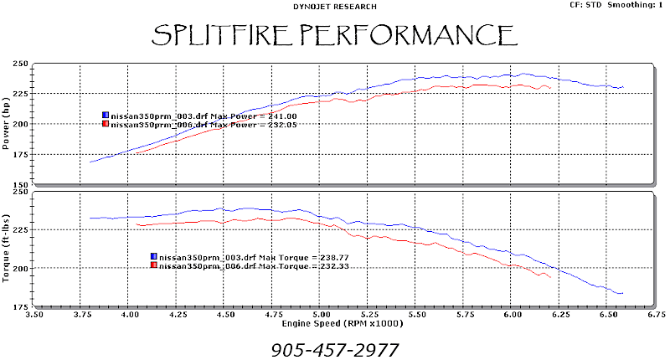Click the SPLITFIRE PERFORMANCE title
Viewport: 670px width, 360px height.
click(333, 34)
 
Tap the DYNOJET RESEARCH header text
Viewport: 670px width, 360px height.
click(334, 6)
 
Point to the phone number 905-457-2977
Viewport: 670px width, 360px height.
click(334, 349)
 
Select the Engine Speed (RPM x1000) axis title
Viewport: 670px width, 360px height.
click(334, 325)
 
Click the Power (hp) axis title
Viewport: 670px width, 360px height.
click(7, 123)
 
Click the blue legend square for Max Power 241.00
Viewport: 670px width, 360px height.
click(106, 115)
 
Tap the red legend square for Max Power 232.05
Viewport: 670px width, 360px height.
click(106, 124)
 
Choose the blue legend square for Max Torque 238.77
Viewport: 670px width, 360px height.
click(153, 256)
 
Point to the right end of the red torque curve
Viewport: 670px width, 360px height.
click(550, 277)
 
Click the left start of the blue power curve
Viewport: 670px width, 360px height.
click(90, 162)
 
